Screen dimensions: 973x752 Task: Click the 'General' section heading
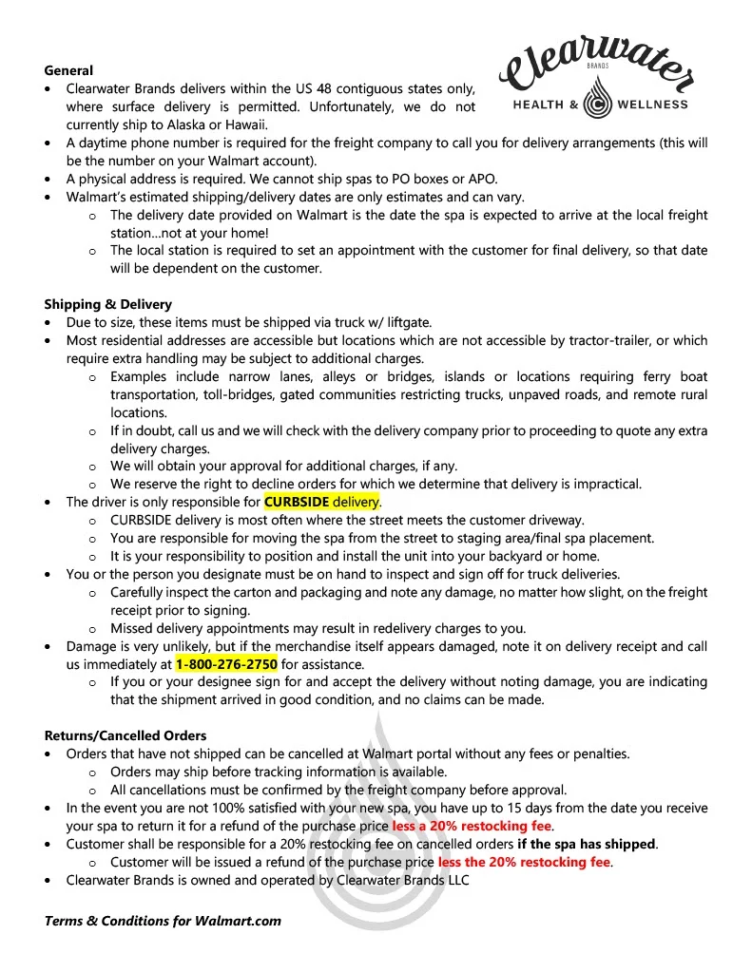(68, 70)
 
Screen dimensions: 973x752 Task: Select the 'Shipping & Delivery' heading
(107, 304)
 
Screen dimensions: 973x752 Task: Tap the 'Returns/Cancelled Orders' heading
(125, 735)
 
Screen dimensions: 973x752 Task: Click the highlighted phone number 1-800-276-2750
(226, 664)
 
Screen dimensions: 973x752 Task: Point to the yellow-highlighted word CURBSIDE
(297, 502)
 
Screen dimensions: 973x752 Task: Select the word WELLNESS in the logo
(652, 105)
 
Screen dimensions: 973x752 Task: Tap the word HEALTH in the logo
(538, 105)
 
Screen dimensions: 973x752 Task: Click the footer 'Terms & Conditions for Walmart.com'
(163, 921)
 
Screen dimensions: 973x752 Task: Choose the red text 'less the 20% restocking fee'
(524, 862)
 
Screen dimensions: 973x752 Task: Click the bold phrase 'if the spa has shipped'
(587, 844)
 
